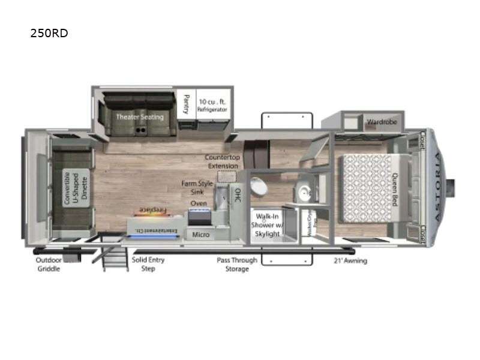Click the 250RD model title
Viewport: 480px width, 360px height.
[x=49, y=34]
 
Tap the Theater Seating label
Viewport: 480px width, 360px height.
[x=140, y=116]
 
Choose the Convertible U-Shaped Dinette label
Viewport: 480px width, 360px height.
[x=76, y=188]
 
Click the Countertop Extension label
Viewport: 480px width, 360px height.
[x=223, y=161]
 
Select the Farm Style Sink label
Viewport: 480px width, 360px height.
[x=197, y=187]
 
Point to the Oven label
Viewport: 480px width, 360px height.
[x=199, y=204]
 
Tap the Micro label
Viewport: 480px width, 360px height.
[x=201, y=234]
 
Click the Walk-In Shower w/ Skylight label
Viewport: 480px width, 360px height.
[x=266, y=224]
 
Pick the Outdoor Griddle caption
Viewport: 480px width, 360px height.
[x=48, y=264]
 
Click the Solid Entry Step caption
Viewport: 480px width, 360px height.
[x=148, y=264]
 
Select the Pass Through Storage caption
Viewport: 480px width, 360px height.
[x=237, y=264]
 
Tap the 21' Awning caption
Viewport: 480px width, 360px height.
[x=350, y=261]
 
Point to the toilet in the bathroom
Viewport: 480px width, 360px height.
[x=259, y=187]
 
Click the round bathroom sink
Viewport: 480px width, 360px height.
[x=304, y=192]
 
